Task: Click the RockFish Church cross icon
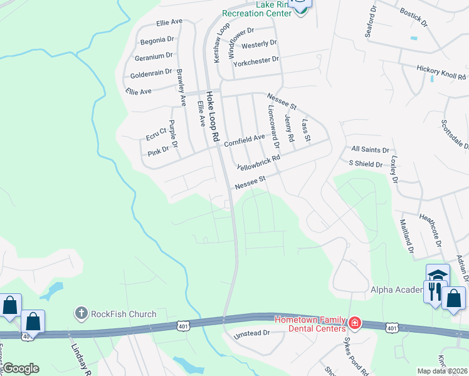81,313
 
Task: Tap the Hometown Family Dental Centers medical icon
355,323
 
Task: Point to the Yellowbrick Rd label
258,162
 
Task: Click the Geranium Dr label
153,57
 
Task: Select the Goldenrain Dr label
150,73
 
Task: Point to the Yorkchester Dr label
255,61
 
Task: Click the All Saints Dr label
370,150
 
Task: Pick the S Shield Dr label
366,164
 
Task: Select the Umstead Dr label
251,334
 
